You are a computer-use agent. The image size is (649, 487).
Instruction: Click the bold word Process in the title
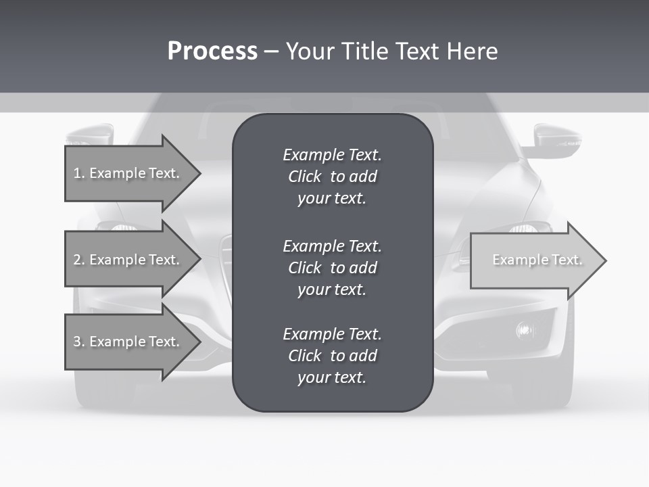(x=212, y=51)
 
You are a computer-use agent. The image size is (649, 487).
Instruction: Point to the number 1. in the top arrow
(x=79, y=173)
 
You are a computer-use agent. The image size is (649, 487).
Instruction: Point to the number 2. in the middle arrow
(x=79, y=260)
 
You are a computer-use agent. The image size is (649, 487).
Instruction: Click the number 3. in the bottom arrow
(x=79, y=342)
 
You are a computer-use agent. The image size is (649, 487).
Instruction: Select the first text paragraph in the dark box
(x=332, y=177)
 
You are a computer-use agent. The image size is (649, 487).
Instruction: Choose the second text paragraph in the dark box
(x=332, y=268)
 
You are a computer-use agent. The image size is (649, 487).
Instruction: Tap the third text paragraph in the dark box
(x=332, y=356)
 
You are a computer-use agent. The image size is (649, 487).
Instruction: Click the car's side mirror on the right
(x=556, y=139)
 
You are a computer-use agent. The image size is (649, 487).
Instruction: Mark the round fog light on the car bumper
(x=525, y=329)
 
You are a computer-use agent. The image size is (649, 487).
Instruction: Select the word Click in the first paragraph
(x=304, y=177)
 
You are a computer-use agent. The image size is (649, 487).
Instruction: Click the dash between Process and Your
(x=271, y=51)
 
